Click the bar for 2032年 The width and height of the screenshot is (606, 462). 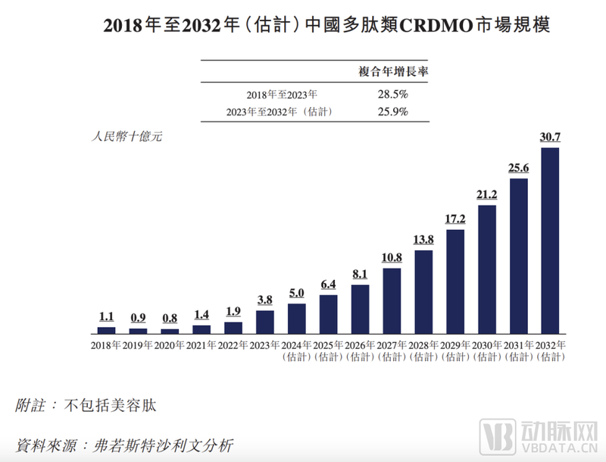click(550, 240)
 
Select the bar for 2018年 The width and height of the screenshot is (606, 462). click(107, 330)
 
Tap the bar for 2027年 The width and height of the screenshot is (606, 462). click(392, 301)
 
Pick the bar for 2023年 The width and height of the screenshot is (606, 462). click(265, 322)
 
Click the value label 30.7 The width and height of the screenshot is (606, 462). click(550, 137)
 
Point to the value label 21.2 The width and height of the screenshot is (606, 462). click(486, 195)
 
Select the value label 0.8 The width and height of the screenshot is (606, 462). click(170, 319)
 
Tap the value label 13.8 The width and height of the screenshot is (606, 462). click(423, 240)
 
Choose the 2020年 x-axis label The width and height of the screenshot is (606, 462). click(170, 345)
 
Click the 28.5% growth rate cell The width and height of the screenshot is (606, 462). click(392, 95)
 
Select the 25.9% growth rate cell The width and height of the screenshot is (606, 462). click(392, 112)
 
